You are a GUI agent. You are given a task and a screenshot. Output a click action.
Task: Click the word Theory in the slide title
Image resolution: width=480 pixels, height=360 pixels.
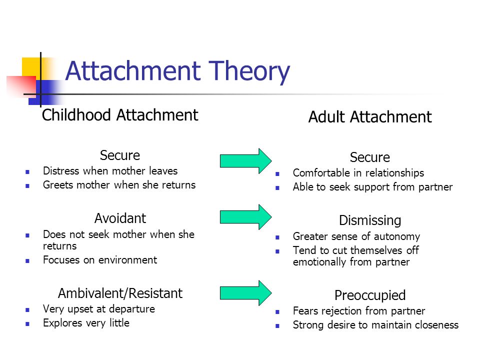point(249,71)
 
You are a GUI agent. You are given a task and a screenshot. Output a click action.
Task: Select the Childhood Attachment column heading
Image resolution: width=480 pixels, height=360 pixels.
point(120,115)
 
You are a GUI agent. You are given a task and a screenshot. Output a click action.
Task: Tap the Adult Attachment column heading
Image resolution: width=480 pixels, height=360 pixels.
point(370,117)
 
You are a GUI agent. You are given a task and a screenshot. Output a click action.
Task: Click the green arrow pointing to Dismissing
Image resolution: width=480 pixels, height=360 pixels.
point(246,217)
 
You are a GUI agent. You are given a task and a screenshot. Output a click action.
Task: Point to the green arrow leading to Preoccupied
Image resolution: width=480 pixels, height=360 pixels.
point(246,293)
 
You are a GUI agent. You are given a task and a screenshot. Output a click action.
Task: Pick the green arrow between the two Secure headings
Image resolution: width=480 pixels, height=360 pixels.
point(246,161)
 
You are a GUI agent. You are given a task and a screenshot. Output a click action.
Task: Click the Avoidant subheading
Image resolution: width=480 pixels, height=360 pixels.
point(120,218)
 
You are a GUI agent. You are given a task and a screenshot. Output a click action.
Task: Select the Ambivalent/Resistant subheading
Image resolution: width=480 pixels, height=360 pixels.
point(120,293)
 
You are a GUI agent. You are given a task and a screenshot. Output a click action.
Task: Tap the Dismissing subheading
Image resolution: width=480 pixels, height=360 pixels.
point(370,220)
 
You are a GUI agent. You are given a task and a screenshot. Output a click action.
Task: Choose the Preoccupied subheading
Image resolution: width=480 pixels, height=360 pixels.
point(370,295)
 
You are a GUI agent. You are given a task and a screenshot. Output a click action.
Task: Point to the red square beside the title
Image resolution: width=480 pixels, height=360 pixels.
point(21,86)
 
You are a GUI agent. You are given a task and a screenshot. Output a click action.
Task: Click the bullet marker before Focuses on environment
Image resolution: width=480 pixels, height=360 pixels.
point(27,261)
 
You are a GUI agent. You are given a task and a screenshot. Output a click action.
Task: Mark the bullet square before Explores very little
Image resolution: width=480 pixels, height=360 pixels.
point(27,324)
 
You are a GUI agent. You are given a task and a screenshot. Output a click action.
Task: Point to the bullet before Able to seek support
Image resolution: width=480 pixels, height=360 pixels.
point(277,188)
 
